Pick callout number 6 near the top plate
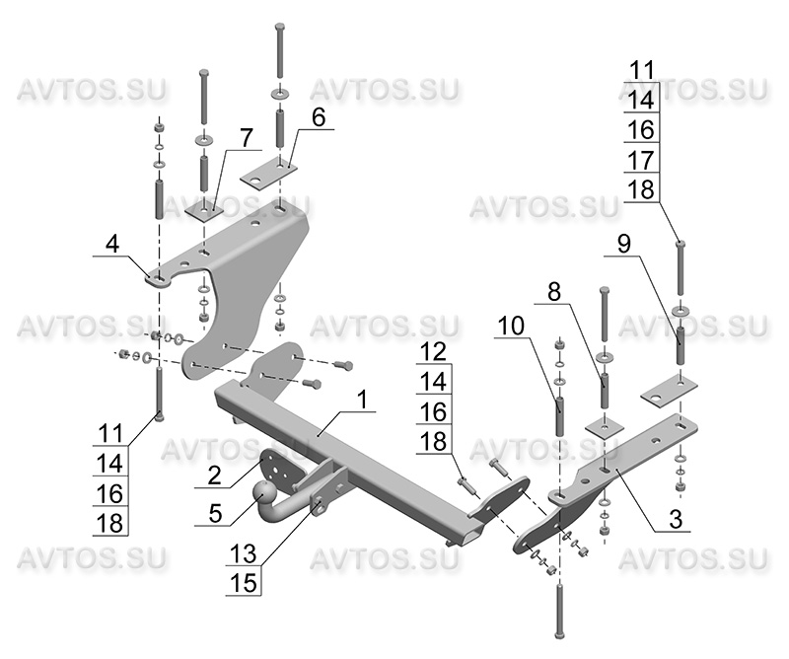pyautogui.click(x=318, y=116)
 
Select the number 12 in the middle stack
pyautogui.click(x=434, y=350)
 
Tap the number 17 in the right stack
pyautogui.click(x=641, y=159)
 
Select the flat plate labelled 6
pyautogui.click(x=269, y=173)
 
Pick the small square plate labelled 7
pyautogui.click(x=206, y=211)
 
